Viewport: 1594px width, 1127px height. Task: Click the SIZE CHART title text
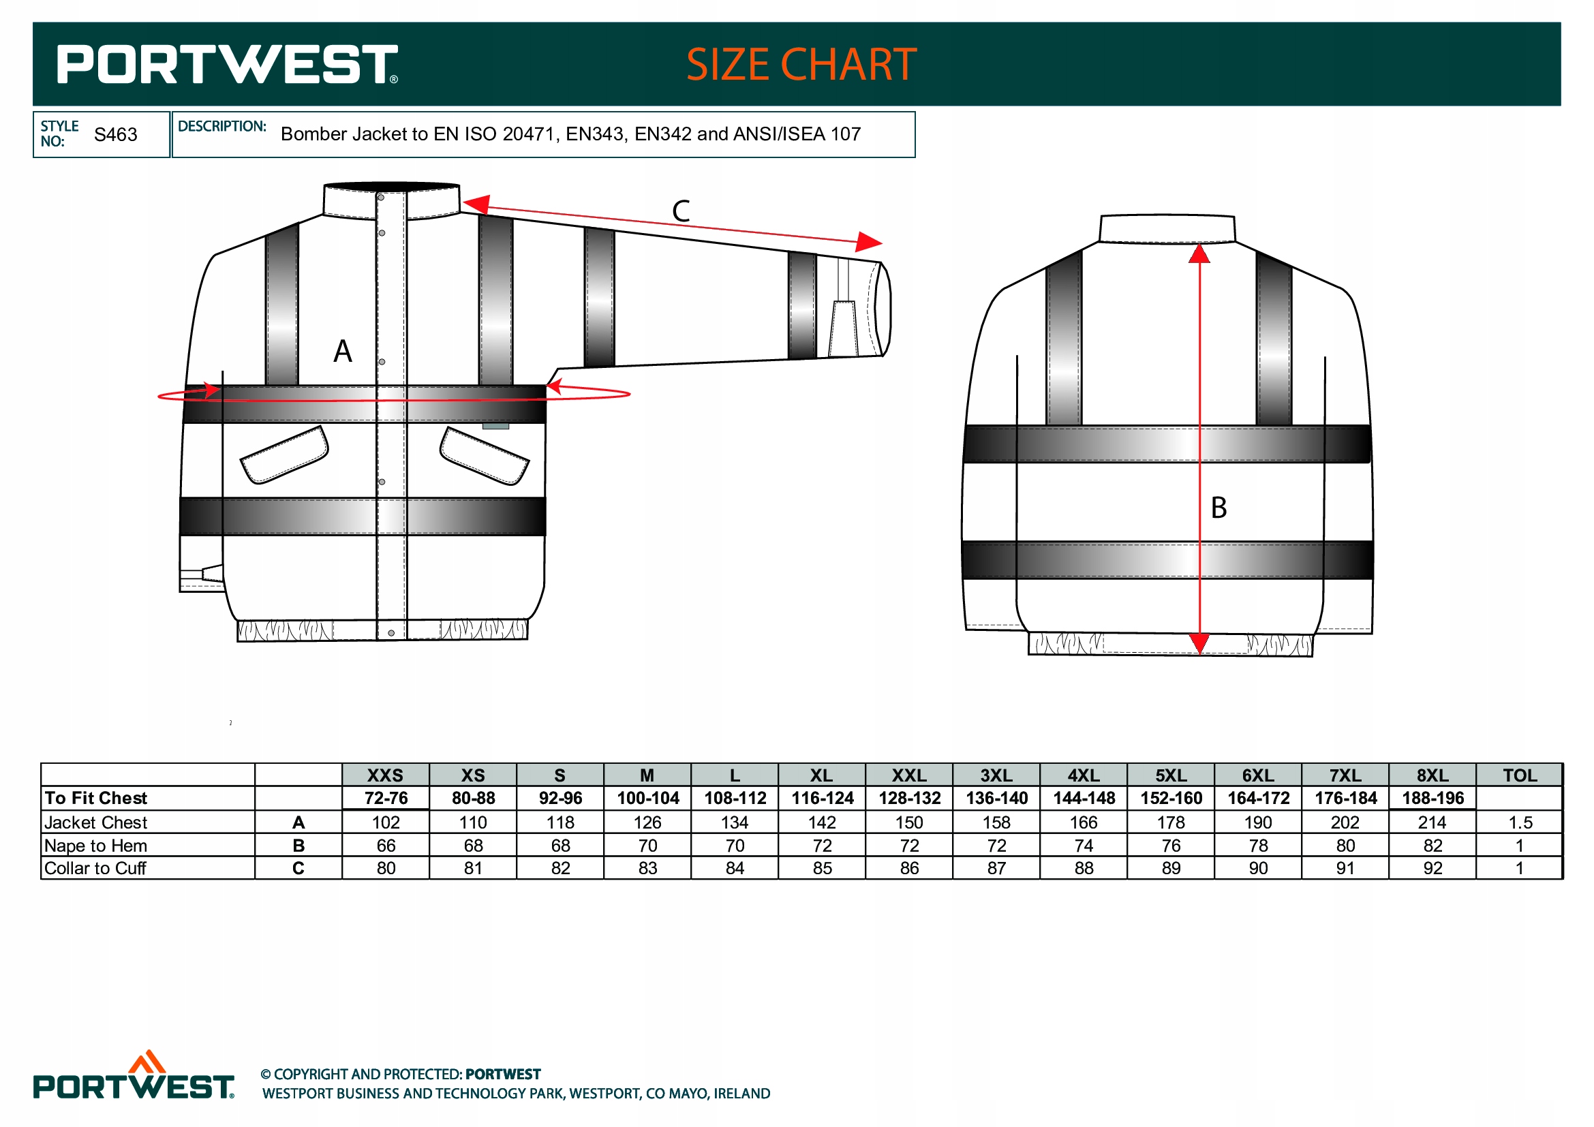pos(801,65)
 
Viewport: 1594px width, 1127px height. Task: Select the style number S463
pos(115,135)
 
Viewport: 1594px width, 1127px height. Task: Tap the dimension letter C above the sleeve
pos(680,211)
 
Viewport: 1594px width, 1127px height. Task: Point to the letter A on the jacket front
pos(342,351)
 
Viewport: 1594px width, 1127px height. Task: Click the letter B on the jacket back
pos(1219,508)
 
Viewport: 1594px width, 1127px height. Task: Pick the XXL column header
pos(909,775)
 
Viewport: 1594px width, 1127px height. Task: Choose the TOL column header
pos(1519,775)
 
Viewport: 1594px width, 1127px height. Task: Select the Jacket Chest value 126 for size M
pos(647,822)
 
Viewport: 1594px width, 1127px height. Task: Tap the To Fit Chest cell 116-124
pos(822,798)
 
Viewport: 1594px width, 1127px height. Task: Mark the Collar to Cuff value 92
pos(1432,868)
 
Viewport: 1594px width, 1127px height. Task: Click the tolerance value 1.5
pos(1520,822)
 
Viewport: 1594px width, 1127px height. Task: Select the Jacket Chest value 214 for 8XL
pos(1432,822)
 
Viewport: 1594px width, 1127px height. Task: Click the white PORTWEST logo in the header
pos(227,65)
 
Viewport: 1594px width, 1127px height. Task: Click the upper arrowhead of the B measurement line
pos(1199,254)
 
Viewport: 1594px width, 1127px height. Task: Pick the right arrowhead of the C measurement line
pos(868,241)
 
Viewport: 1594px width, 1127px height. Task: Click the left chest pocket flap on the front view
pos(284,454)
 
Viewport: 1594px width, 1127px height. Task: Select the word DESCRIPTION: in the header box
pos(222,126)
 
